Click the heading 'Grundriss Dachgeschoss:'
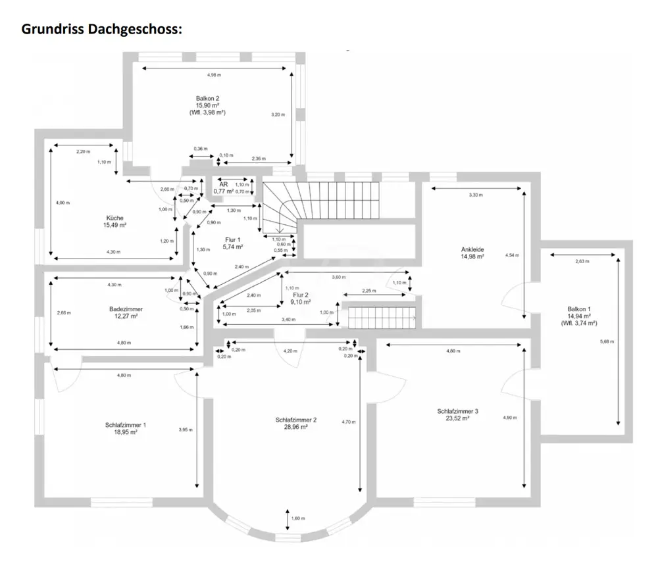(102, 29)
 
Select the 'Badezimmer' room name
(126, 308)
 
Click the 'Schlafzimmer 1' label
(125, 425)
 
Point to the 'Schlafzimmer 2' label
(296, 420)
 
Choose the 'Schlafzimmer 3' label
(457, 411)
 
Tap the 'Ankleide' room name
(472, 249)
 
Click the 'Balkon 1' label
(579, 308)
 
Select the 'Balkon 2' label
(207, 98)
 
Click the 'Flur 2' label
(301, 295)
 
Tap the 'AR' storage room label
(224, 185)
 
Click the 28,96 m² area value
(296, 427)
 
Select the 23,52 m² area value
(457, 418)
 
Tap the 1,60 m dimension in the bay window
(299, 518)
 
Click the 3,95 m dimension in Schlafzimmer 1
(186, 430)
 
